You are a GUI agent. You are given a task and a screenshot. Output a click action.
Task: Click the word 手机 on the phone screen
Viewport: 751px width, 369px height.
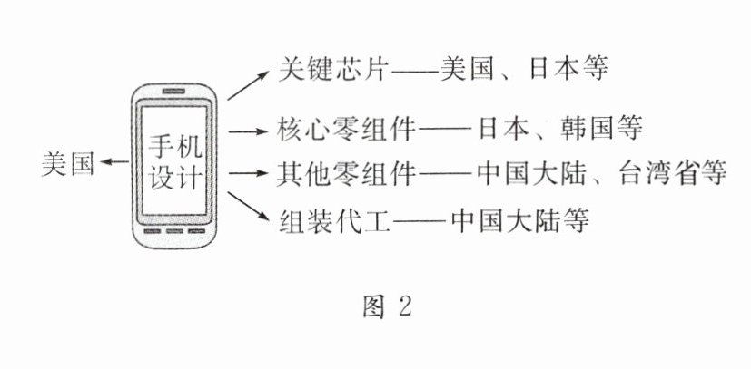(x=178, y=143)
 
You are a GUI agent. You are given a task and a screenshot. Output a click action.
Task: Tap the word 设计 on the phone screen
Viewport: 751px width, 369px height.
(x=178, y=173)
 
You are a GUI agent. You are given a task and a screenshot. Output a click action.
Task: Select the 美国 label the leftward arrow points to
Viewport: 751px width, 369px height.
(x=69, y=163)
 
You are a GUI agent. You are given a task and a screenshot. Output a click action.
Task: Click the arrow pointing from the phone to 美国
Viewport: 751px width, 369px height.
(x=115, y=162)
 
